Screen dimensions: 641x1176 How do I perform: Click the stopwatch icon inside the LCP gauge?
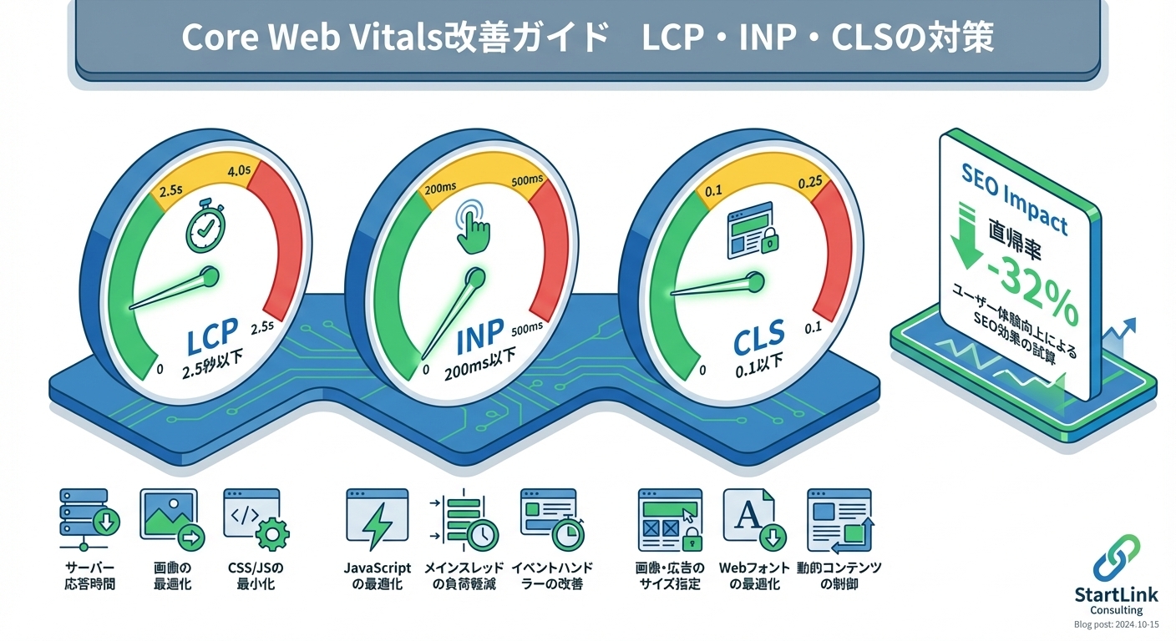pos(203,227)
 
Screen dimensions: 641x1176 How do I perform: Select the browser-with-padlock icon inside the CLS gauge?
pos(751,229)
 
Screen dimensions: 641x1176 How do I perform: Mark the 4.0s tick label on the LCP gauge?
pos(239,172)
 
